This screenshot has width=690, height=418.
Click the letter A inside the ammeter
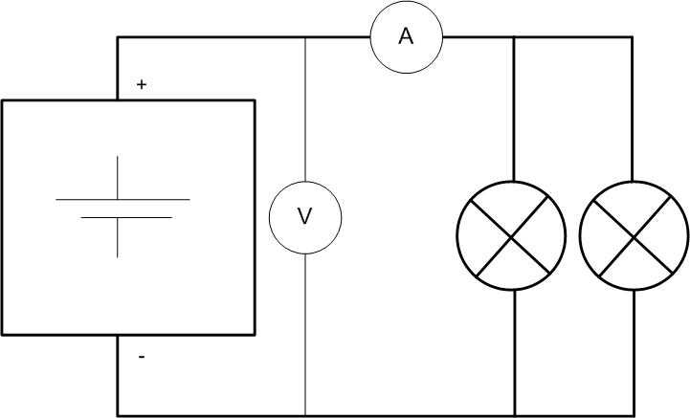406,36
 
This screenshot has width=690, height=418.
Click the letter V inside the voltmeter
304,216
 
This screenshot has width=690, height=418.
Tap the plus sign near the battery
142,84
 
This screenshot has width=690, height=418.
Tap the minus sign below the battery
142,357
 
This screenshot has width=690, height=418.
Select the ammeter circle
370,37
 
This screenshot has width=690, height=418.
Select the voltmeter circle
269,217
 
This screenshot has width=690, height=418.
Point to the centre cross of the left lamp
511,236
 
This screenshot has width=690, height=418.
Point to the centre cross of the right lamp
634,236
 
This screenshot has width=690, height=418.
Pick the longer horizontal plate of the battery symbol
122,199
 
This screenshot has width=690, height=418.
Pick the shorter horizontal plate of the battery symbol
126,217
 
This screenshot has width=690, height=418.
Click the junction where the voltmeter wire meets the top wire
305,37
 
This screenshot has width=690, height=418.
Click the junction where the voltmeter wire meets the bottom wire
305,415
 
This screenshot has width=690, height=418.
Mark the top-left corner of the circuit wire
118,37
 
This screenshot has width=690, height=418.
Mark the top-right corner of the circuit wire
633,37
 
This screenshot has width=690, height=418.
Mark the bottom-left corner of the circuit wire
118,415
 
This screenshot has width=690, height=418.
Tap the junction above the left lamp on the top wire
514,37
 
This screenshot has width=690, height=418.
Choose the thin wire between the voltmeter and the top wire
305,110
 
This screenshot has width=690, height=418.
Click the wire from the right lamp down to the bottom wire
634,352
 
